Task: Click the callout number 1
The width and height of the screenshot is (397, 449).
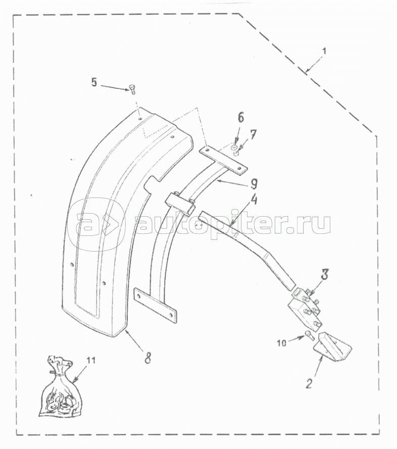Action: pos(324,52)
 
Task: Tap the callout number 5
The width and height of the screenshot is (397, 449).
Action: pos(94,82)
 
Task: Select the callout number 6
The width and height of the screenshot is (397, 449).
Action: pos(240,118)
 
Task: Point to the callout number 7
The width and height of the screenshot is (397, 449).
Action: pos(253,134)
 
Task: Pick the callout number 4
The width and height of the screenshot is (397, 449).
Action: pos(254,199)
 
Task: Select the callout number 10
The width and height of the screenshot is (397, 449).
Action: pos(281,343)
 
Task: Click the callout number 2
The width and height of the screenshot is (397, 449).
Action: pos(309,384)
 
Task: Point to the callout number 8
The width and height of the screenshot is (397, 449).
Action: pos(147,358)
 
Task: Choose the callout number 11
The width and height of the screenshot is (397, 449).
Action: pos(91,360)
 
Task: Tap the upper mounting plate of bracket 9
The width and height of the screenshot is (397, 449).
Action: pos(223,161)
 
